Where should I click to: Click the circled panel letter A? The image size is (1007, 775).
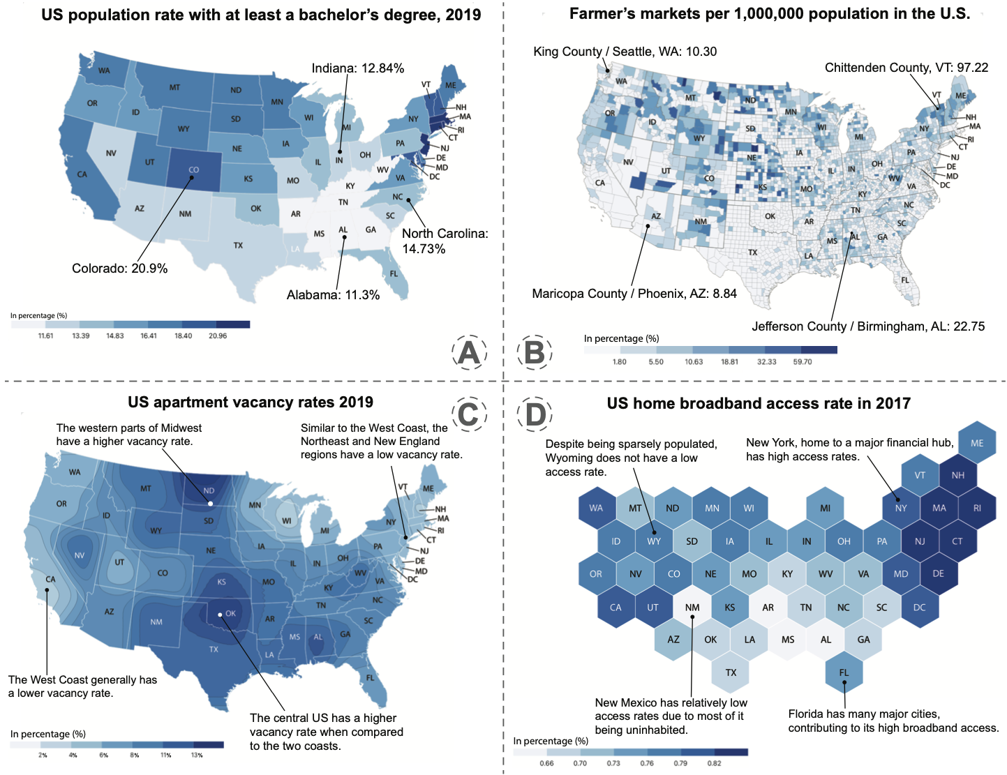(x=469, y=352)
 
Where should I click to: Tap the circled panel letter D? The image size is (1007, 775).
(x=535, y=414)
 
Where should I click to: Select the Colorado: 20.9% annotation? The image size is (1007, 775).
(x=120, y=269)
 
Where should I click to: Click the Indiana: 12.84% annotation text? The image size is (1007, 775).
(x=357, y=68)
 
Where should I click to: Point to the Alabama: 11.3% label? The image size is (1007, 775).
(x=333, y=295)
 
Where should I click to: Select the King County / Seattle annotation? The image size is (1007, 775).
(x=625, y=52)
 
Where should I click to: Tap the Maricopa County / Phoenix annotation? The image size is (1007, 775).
(x=634, y=294)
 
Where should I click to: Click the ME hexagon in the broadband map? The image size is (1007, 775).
(x=976, y=443)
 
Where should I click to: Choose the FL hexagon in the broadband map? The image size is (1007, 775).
(x=844, y=672)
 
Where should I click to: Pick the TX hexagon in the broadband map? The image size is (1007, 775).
(x=731, y=672)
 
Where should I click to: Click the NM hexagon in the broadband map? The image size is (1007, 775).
(x=692, y=608)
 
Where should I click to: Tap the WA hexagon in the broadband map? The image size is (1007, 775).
(x=596, y=508)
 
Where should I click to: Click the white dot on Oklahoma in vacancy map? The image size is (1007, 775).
(x=220, y=615)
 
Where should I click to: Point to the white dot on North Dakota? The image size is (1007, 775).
(x=210, y=504)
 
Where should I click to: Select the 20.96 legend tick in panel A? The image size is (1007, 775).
(x=218, y=336)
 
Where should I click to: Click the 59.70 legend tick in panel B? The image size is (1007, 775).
(x=802, y=361)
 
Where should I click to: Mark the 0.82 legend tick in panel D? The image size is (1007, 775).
(x=714, y=763)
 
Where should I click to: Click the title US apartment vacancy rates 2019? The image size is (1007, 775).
(x=251, y=402)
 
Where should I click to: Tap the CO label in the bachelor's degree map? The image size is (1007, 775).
(x=194, y=170)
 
